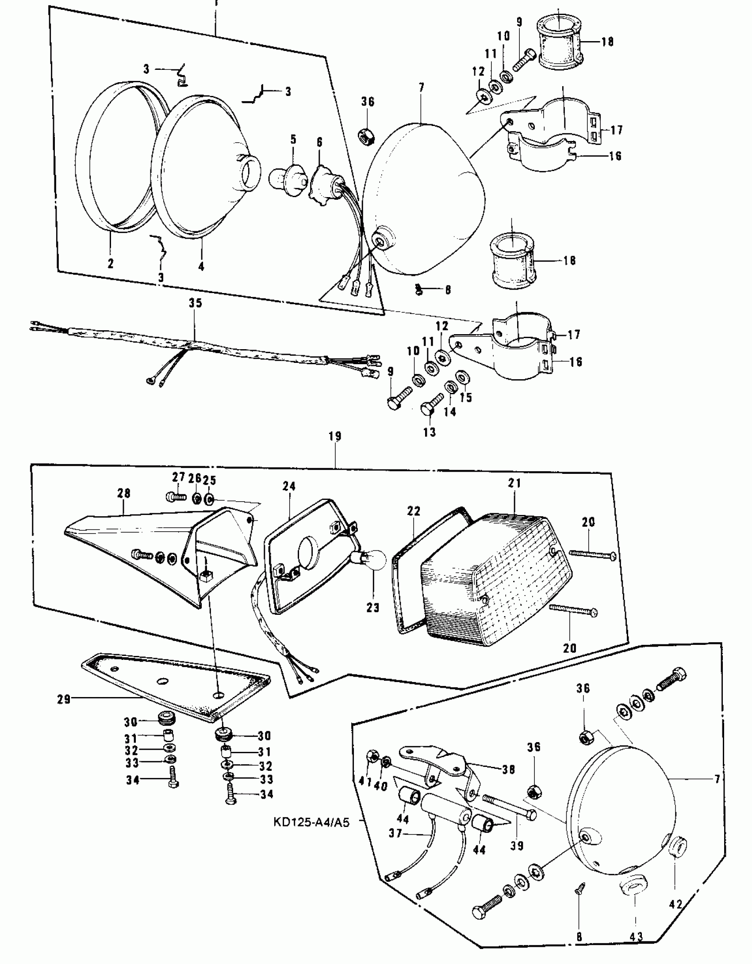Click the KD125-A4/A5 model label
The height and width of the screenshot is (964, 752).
(x=311, y=823)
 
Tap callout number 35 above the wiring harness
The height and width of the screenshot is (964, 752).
(x=195, y=303)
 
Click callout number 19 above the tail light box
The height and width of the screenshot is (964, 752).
(x=335, y=437)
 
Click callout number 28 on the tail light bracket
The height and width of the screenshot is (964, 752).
(x=124, y=493)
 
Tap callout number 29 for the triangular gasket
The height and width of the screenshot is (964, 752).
(x=64, y=700)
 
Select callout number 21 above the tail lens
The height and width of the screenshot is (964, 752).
(x=514, y=483)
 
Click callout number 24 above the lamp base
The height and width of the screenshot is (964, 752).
(x=289, y=487)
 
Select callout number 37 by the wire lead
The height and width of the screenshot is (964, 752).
(x=395, y=834)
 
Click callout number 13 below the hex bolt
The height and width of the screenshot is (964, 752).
(x=430, y=432)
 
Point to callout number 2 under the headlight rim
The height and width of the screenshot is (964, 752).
(x=110, y=264)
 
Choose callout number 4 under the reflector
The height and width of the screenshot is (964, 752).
(x=201, y=267)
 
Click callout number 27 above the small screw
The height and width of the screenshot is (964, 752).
(x=178, y=477)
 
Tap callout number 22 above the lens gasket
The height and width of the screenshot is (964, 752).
(x=414, y=511)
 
